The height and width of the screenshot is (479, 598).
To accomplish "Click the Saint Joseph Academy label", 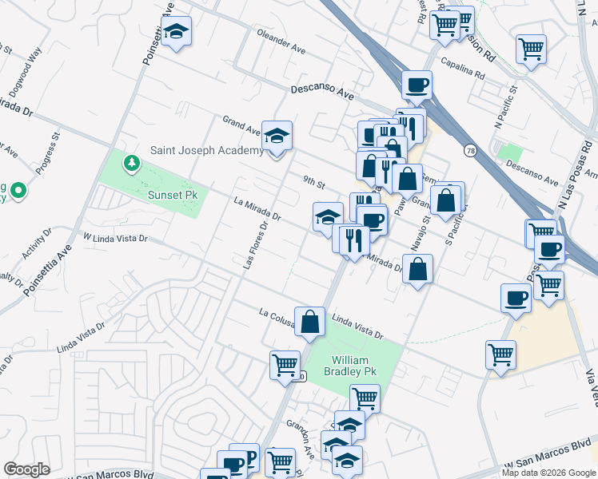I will [x=207, y=150].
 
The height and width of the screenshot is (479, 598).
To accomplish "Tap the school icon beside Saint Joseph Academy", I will [x=277, y=137].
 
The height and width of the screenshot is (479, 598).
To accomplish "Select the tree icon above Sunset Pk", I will [x=131, y=164].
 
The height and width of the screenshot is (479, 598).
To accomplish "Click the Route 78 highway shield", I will [x=468, y=149].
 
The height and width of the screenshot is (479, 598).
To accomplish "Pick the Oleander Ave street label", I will [x=281, y=42].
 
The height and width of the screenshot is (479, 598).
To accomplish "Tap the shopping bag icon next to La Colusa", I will [x=309, y=322].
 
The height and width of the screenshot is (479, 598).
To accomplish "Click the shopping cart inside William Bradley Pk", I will [x=365, y=397].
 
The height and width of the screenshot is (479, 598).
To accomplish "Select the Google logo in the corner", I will [x=26, y=469].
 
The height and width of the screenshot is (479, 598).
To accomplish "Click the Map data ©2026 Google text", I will [x=548, y=473].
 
